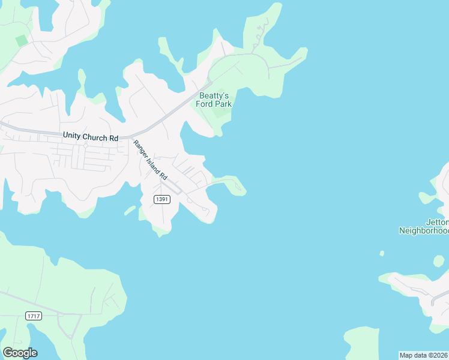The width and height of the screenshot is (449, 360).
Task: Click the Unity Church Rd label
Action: coord(91,137)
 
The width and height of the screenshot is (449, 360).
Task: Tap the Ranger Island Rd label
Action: coord(150,160)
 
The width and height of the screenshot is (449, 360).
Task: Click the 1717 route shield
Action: coord(34,316)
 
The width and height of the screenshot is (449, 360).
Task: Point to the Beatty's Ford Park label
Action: coord(214,100)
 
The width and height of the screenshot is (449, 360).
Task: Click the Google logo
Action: coord(20,353)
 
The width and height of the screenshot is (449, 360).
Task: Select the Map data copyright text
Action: coord(424,355)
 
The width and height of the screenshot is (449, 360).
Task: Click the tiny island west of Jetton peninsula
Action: coord(382,253)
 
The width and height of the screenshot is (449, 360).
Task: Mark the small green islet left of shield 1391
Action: coord(130,210)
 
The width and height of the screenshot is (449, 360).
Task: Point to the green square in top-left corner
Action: coord(22,40)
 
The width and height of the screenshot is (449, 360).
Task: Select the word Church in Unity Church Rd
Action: coord(95,137)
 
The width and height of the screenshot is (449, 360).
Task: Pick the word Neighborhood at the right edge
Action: coord(424,230)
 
